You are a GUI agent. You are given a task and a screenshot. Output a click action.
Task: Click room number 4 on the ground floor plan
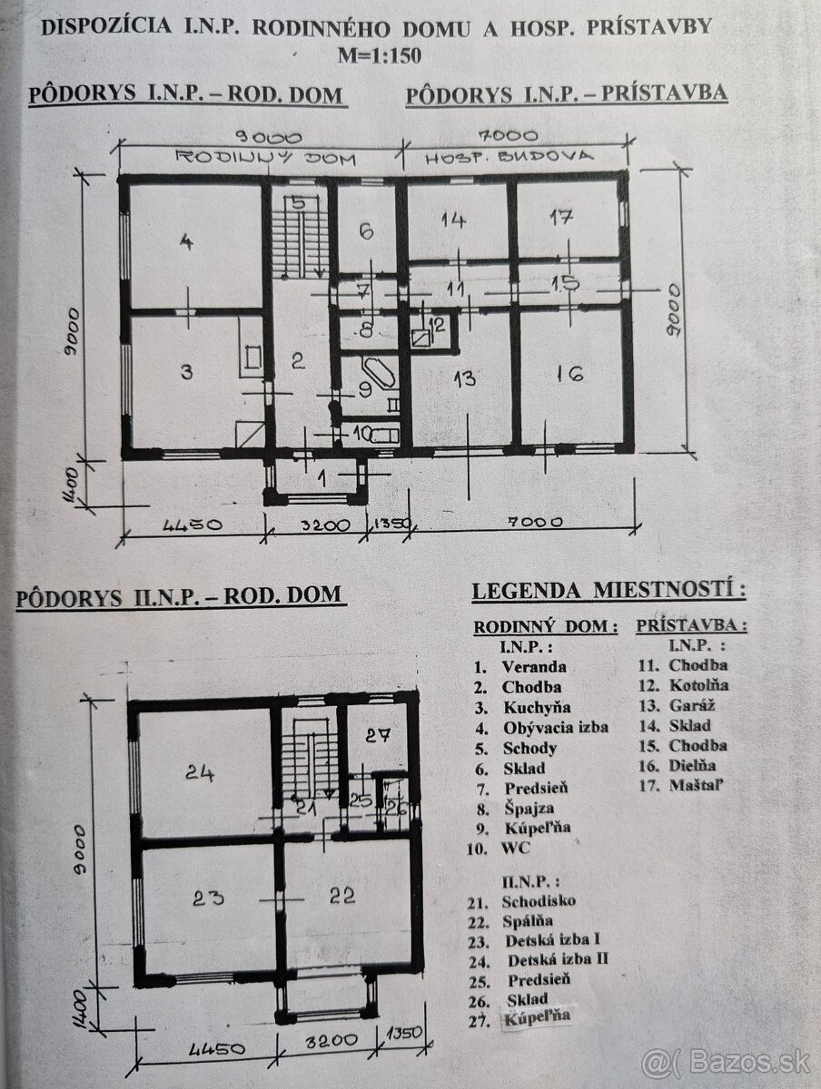click(187, 242)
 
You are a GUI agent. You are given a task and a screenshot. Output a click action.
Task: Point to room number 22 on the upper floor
click(341, 895)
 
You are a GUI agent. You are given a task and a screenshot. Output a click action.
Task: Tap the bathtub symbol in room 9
click(373, 376)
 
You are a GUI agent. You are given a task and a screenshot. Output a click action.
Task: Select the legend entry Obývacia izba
click(555, 728)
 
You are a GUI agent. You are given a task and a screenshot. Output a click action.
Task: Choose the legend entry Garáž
click(689, 705)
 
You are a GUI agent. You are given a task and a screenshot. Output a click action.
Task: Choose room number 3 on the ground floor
click(185, 372)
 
